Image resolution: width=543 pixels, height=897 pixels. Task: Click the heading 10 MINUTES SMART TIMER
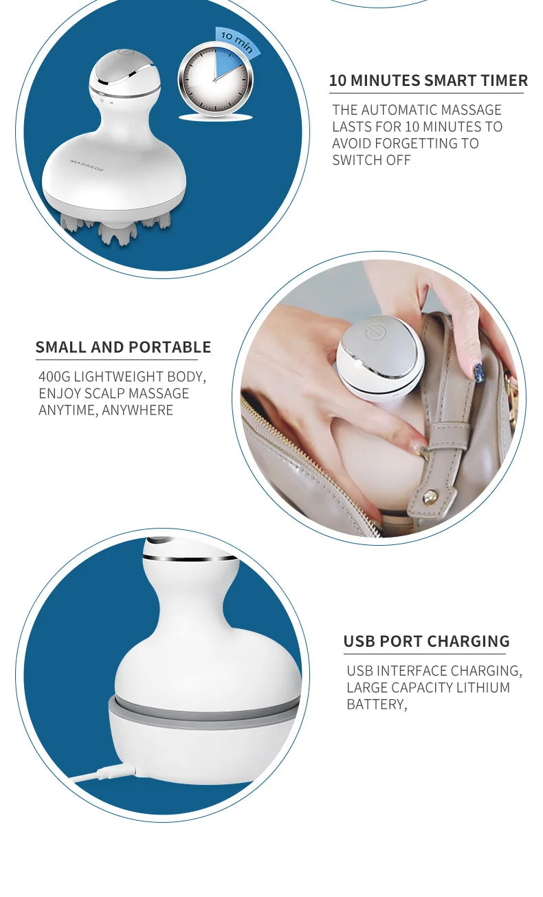[428, 80]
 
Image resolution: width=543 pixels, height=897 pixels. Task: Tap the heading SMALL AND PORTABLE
[123, 347]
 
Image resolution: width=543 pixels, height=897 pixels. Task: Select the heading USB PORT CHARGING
[426, 641]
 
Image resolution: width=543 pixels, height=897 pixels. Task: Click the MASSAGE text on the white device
[87, 165]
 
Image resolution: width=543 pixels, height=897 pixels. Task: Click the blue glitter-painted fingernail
[478, 373]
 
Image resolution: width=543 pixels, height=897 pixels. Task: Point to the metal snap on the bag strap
[430, 496]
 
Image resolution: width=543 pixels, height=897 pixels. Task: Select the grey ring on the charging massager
[204, 711]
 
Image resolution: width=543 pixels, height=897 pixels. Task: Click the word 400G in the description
[54, 377]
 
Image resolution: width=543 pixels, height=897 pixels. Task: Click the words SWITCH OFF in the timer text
[371, 160]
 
